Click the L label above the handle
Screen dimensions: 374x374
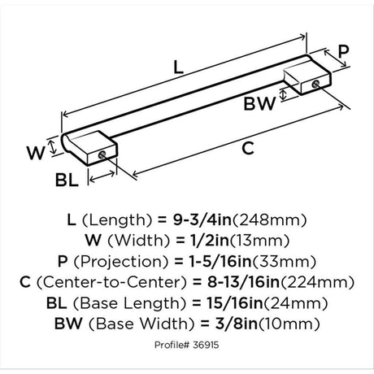click(x=178, y=67)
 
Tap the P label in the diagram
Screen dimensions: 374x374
click(x=344, y=51)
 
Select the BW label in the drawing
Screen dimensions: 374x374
click(x=259, y=103)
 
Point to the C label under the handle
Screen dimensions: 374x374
click(x=248, y=148)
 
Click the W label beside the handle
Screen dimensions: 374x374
click(x=36, y=153)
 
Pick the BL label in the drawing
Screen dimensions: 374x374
click(x=67, y=180)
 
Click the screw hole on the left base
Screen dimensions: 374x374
click(x=102, y=155)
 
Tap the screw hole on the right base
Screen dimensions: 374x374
click(x=315, y=84)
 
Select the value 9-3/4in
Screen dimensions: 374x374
click(x=202, y=220)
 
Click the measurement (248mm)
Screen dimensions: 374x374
click(x=270, y=220)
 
